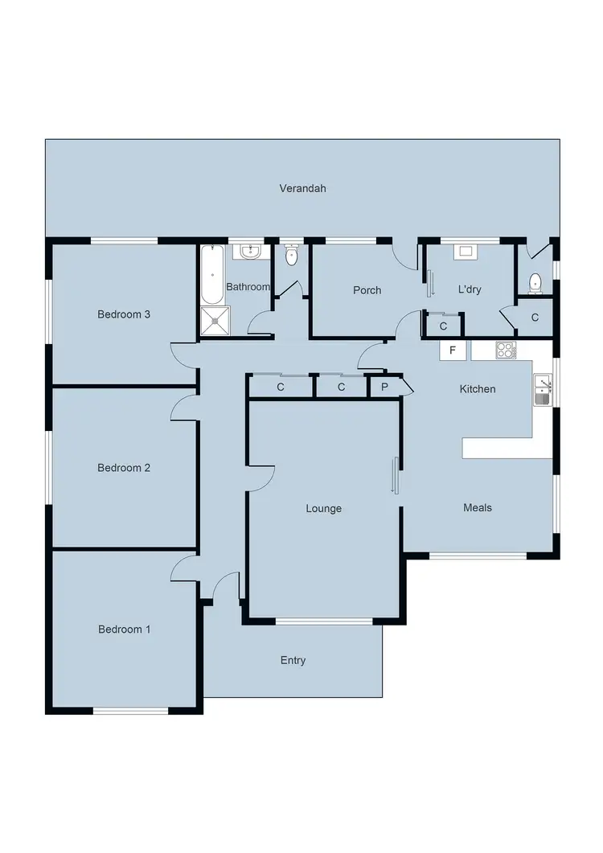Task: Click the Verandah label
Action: (302, 188)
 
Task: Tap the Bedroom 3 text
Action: (124, 314)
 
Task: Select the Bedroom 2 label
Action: (124, 467)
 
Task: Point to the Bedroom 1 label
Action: (124, 629)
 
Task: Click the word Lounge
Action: (324, 508)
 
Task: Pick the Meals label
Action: (478, 507)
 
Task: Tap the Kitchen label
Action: (478, 389)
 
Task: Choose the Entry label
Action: (293, 661)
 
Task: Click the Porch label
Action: (367, 290)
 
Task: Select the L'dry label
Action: (470, 289)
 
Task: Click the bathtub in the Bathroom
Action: (212, 274)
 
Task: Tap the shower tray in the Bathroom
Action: (215, 320)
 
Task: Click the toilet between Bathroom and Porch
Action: (291, 255)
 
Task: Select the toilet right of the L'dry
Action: (535, 283)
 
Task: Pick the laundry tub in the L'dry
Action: (466, 251)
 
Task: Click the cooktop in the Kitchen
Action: (506, 351)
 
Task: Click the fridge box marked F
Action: (453, 351)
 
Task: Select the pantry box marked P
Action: (384, 388)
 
